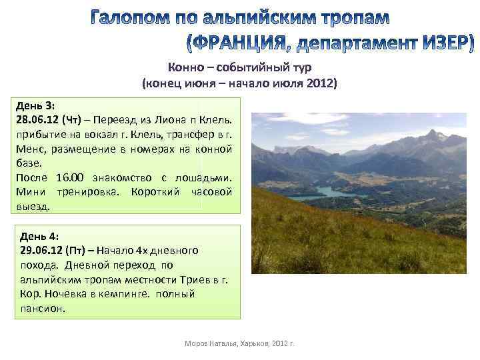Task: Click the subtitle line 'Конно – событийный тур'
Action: point(239,67)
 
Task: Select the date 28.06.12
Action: point(36,120)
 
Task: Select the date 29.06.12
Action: point(42,250)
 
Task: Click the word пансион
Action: point(41,309)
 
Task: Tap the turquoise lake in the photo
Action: point(320,194)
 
